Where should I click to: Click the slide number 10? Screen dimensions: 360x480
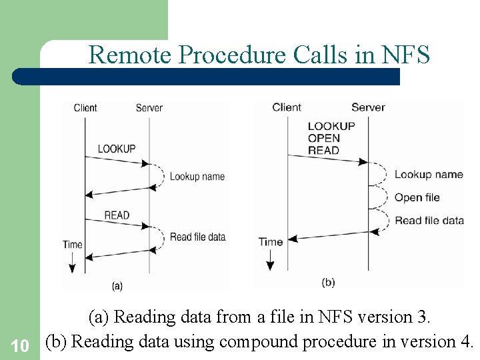[20, 345]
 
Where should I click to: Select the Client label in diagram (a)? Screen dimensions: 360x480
[85, 107]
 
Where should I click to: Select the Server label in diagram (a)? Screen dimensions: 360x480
[149, 107]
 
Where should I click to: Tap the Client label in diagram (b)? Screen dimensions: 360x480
[287, 107]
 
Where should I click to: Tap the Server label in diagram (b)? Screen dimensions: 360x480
[368, 107]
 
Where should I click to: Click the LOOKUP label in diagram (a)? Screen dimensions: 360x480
[117, 149]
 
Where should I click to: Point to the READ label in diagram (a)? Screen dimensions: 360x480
[117, 215]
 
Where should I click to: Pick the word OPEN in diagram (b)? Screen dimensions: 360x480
[324, 138]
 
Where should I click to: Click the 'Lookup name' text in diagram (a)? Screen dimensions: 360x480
[197, 177]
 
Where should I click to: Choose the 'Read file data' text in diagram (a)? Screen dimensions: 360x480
[197, 237]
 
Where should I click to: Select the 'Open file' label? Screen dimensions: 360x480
[417, 197]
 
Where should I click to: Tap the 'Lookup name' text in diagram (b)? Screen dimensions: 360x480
[428, 175]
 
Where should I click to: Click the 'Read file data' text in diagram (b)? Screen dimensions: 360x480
[429, 220]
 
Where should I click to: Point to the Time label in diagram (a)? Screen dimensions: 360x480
[73, 245]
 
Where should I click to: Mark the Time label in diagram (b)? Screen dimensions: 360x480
[271, 242]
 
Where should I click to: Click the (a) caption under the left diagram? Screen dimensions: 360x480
[117, 286]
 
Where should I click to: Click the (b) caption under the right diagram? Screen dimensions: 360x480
[328, 282]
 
